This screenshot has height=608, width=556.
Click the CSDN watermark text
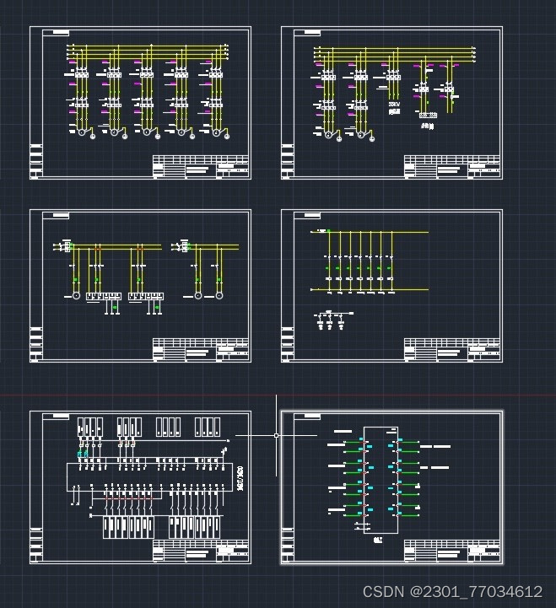point(452,591)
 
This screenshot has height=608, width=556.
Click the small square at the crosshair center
point(277,435)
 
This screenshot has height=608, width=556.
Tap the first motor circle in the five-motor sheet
point(82,132)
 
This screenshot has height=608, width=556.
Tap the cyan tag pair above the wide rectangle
point(83,454)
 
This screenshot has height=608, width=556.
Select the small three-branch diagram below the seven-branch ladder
point(332,321)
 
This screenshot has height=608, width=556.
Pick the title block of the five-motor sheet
point(201,166)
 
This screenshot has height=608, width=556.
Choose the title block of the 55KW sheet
point(452,166)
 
